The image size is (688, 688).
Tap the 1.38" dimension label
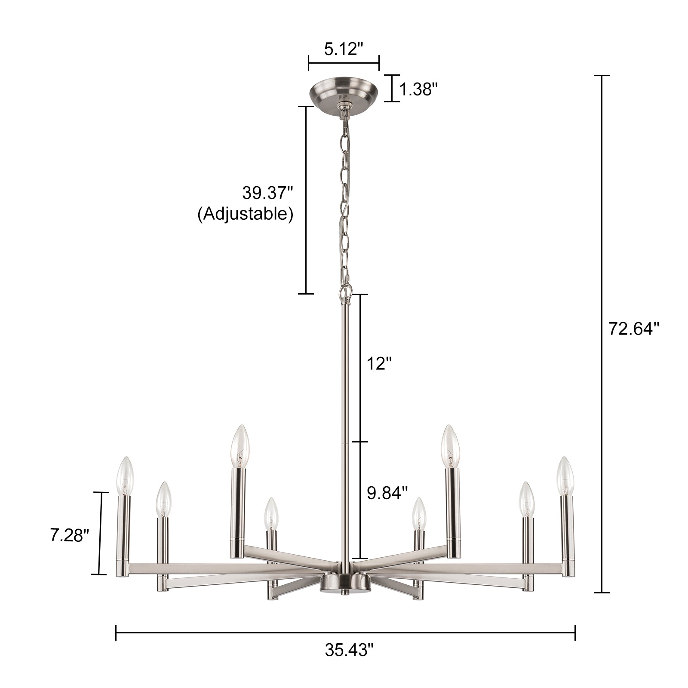[418, 90]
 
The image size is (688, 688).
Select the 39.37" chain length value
[267, 193]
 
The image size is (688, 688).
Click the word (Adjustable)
[246, 214]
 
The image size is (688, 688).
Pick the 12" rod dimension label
[379, 364]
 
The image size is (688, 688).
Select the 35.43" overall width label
[347, 662]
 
